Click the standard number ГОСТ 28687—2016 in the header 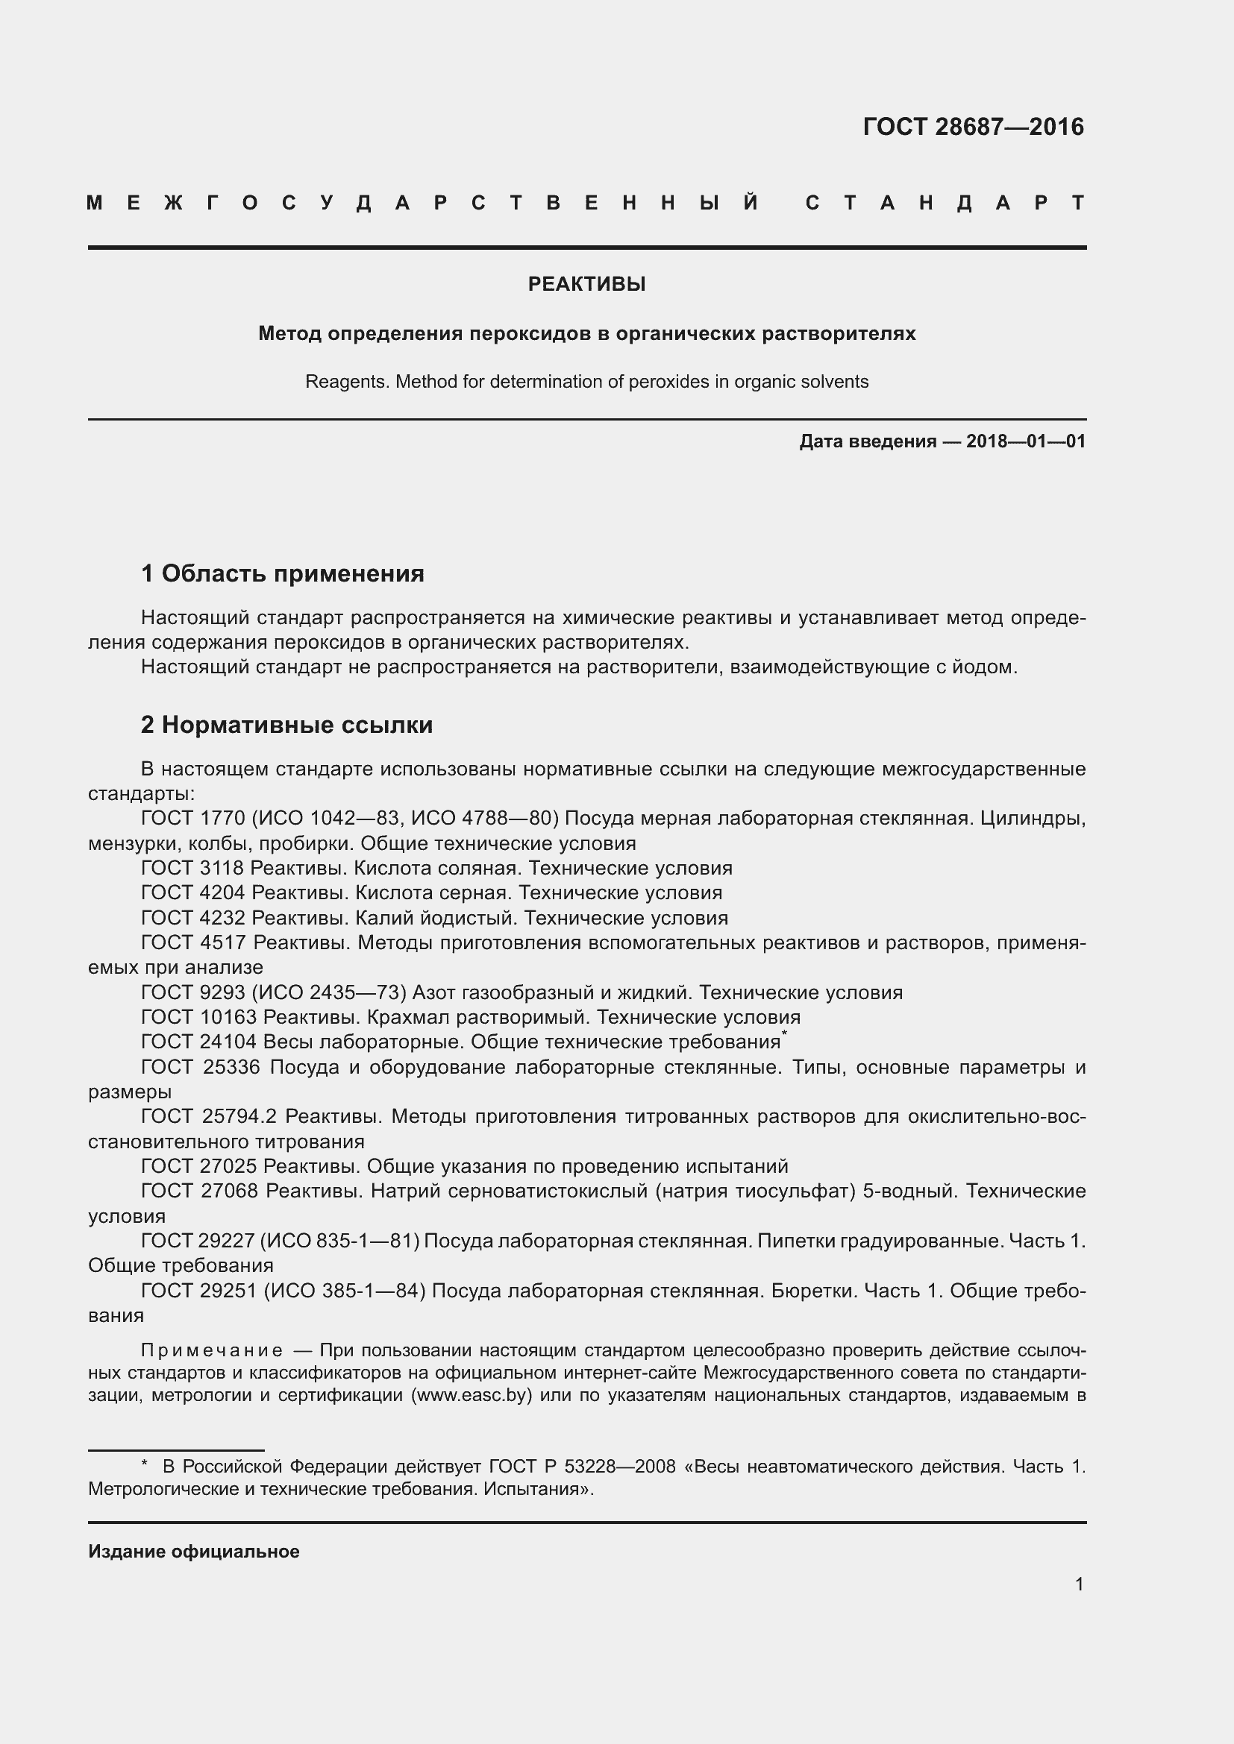[974, 126]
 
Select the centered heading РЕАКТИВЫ [586, 284]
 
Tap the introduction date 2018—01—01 [1025, 441]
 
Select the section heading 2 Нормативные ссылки [286, 725]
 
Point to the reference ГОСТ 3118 [193, 868]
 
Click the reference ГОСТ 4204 [193, 893]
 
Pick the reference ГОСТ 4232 [193, 918]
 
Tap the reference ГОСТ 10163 [199, 1017]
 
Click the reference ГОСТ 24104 [199, 1042]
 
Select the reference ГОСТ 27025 [199, 1166]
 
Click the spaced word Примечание [212, 1350]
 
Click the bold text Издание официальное [194, 1552]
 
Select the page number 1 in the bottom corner [1079, 1584]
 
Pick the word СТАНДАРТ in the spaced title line [945, 203]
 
